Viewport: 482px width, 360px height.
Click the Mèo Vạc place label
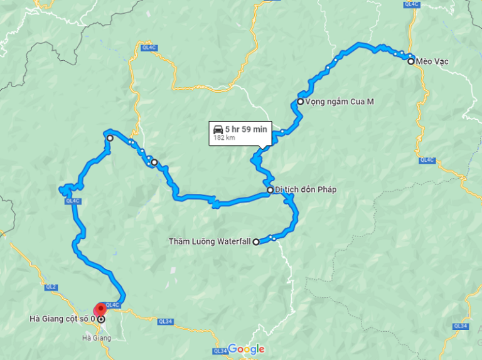(437, 61)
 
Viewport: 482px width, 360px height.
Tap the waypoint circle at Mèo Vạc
(410, 61)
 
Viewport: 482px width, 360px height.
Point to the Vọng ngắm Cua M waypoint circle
(301, 102)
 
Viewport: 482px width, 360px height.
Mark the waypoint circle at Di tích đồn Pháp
(270, 190)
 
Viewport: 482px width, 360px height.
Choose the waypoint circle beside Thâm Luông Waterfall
(255, 241)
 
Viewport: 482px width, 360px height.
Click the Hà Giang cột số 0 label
(62, 319)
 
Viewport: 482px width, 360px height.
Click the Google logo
(246, 349)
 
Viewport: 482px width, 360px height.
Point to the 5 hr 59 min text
(247, 129)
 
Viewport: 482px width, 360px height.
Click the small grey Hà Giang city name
(97, 338)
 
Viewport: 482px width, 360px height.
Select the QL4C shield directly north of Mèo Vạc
(412, 3)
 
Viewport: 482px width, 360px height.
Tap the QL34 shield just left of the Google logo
(220, 351)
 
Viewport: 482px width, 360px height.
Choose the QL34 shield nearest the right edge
(461, 326)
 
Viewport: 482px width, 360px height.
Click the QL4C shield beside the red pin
(113, 305)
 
